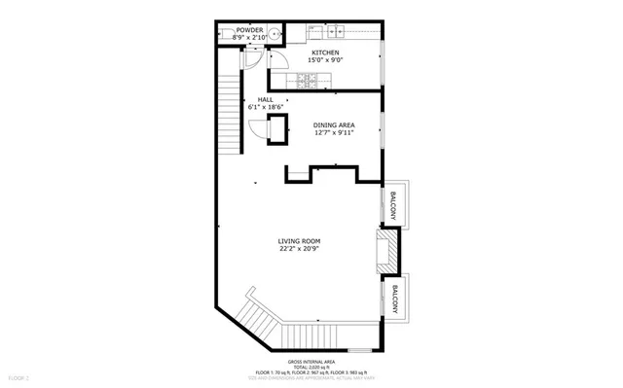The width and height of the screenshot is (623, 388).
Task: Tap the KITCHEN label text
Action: [325, 52]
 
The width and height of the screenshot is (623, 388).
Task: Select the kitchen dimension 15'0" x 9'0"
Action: [325, 60]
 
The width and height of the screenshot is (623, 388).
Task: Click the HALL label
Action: [265, 99]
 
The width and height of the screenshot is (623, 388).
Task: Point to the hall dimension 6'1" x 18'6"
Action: [265, 107]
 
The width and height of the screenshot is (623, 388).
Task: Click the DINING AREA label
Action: [334, 124]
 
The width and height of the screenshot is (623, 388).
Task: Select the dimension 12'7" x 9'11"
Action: [334, 133]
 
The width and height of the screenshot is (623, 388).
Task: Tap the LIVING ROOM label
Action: [299, 240]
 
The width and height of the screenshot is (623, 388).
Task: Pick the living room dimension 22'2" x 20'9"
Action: [299, 249]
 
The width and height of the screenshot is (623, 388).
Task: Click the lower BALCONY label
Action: [394, 299]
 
